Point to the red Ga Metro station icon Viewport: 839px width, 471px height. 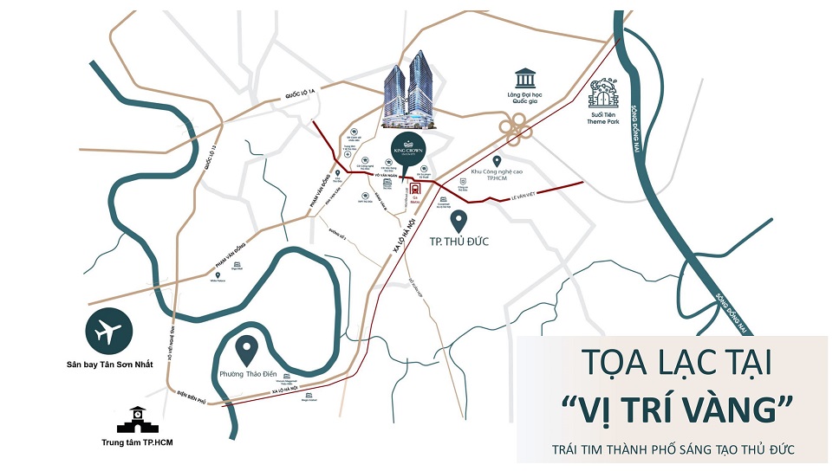pyautogui.click(x=417, y=187)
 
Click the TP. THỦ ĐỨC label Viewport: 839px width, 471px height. pyautogui.click(x=459, y=242)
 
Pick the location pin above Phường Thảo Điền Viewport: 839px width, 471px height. pyautogui.click(x=247, y=350)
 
